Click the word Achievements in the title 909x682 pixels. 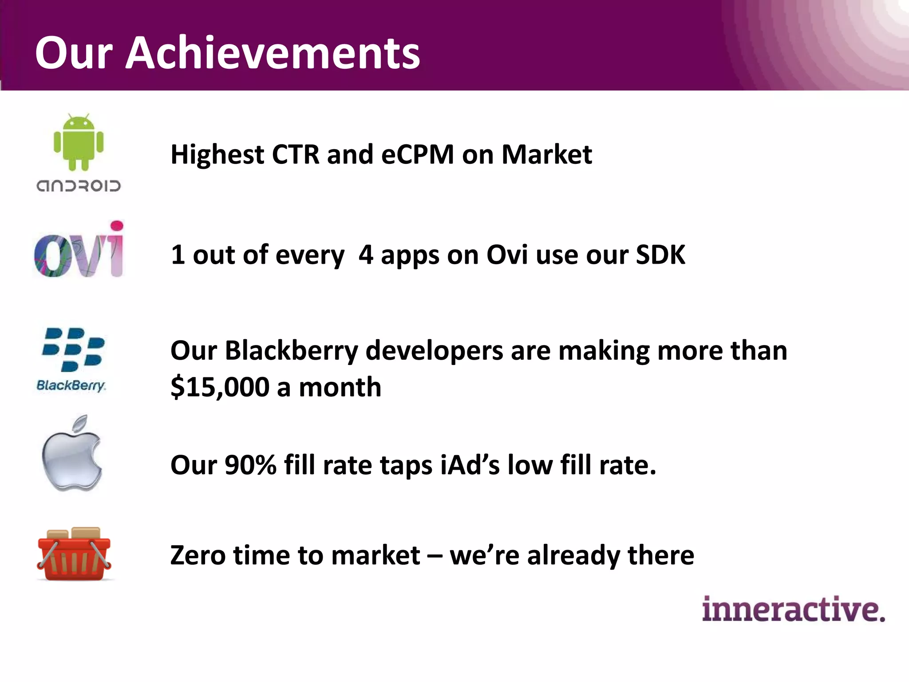pos(273,53)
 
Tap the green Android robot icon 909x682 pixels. pos(79,142)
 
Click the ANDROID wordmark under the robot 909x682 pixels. pos(79,186)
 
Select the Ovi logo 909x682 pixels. pos(79,250)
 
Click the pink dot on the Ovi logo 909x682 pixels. pos(117,226)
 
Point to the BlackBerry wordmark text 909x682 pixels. pos(71,385)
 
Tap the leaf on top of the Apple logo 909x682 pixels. pos(80,424)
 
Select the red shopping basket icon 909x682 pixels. pos(74,555)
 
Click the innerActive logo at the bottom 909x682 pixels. pos(793,609)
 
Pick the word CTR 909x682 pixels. pos(295,155)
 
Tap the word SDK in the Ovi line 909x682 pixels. pos(660,255)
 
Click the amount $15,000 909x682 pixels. pos(220,387)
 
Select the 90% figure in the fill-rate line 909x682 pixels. pos(250,465)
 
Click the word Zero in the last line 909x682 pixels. pos(198,555)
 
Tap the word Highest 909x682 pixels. pos(217,155)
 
